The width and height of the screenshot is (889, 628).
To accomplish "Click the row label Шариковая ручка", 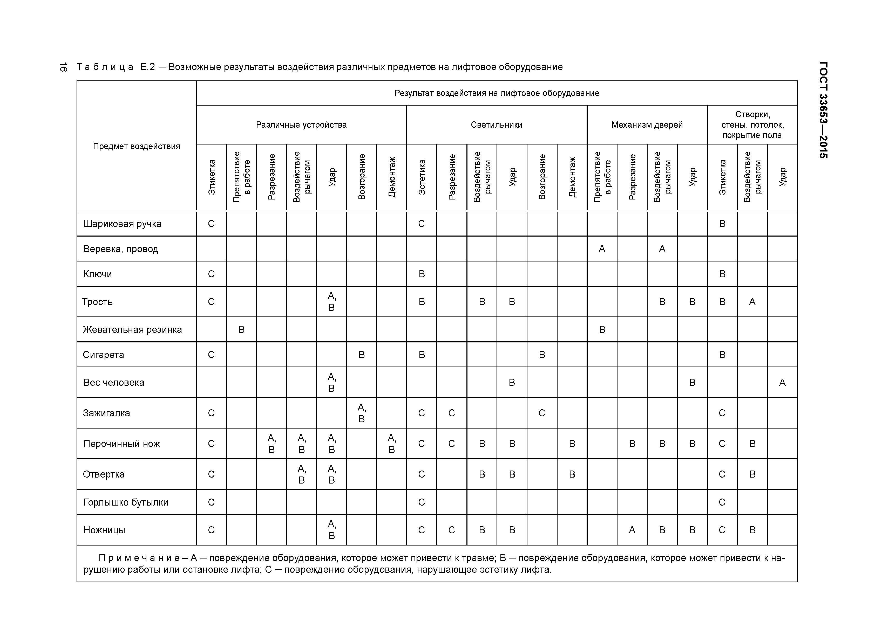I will click(x=122, y=224).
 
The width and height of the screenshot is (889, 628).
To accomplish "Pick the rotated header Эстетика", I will click(x=422, y=177).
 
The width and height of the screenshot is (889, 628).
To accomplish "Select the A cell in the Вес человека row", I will click(x=782, y=382).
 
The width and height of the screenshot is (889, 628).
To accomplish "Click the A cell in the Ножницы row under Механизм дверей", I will click(x=632, y=530).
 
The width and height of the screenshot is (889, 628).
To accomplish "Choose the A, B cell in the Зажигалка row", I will click(x=361, y=413).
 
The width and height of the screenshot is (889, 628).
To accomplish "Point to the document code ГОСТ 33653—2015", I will click(x=824, y=110).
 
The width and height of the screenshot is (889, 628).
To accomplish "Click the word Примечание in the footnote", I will click(x=139, y=558).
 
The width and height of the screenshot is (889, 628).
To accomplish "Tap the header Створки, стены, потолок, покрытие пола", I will click(x=752, y=125).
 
